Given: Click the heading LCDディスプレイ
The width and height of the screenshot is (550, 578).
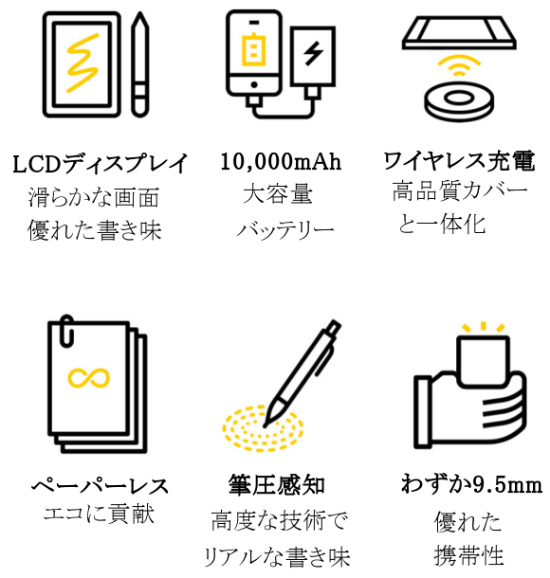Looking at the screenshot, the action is tap(100, 164).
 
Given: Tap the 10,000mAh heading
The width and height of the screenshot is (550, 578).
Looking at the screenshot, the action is tap(281, 161).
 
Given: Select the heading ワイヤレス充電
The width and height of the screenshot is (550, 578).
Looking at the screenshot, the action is tap(459, 161).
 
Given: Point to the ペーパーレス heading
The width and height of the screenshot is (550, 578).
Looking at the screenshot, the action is tap(100, 485).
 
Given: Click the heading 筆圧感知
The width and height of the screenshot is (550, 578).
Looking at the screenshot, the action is tap(276, 485).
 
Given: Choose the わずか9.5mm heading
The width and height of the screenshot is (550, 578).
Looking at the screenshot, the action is tap(472, 483).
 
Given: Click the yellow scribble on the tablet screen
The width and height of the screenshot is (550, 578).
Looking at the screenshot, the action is tap(82, 63).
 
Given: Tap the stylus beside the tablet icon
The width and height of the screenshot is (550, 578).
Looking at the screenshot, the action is tap(140, 64).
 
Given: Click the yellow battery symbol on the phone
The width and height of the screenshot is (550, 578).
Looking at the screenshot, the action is tap(253, 49).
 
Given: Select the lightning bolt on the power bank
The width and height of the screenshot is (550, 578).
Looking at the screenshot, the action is tap(313, 53).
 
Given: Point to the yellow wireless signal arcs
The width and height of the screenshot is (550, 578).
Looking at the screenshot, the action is tap(459, 65).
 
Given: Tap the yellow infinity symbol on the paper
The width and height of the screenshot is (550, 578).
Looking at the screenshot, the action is tap(89, 378).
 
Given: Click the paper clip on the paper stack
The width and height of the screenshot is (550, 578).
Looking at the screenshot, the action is tap(66, 331).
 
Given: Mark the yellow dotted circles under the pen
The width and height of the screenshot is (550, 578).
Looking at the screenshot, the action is tap(263, 428).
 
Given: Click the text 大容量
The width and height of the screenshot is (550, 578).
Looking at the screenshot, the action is tap(278, 194).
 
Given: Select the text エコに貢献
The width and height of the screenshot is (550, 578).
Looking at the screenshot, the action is tap(99, 514).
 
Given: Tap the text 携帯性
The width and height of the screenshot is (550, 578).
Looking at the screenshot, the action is tap(468, 555).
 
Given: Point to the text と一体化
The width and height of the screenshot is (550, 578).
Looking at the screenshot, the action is tap(442, 224).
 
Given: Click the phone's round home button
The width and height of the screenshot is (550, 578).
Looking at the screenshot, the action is tap(254, 84).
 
